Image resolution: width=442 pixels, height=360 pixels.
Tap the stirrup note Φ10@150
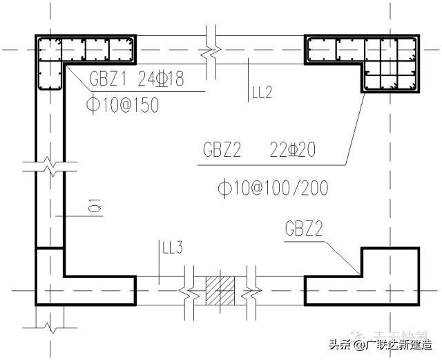(x=122, y=104)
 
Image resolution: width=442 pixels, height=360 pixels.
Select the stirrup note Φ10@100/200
(x=271, y=187)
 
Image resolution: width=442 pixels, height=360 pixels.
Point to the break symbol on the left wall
(x=50, y=167)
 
